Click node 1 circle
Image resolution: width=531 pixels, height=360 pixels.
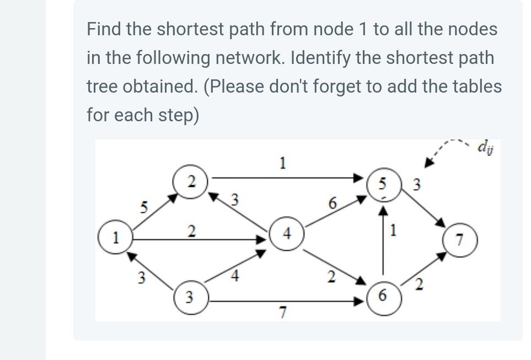pos(115,239)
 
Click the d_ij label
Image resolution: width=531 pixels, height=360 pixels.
pos(486,147)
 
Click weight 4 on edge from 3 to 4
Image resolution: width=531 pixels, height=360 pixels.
pos(234,276)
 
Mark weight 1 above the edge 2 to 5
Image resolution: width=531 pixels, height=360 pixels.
pos(282,163)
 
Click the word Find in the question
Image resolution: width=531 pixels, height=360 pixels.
pos(104,29)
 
